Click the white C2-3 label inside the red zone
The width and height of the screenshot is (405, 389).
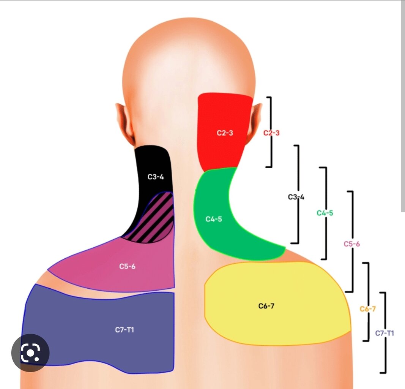point(225,133)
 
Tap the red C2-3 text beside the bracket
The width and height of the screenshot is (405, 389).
point(271,133)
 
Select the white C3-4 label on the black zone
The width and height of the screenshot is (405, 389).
point(156,177)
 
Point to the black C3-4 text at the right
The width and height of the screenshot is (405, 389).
point(296,197)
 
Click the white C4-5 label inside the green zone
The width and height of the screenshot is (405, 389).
point(214,219)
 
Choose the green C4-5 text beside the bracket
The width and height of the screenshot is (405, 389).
point(325,213)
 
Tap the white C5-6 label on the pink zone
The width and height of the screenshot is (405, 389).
point(127,266)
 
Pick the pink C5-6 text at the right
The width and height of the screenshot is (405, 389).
point(352,244)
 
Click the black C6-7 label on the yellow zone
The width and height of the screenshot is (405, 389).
point(266,306)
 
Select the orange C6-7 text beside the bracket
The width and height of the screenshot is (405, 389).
point(368,308)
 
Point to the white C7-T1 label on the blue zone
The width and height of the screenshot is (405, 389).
point(124,330)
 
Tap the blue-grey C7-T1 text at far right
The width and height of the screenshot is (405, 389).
point(385,333)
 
